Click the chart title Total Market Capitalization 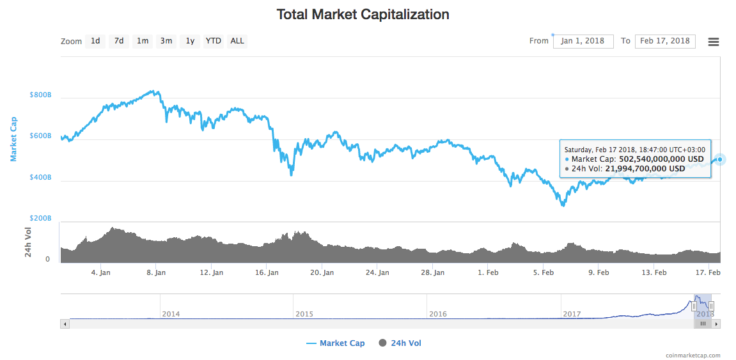(x=363, y=14)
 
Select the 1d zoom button (x=95, y=41)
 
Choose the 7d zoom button (x=119, y=41)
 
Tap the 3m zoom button (x=166, y=41)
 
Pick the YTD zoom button (x=214, y=41)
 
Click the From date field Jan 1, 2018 (x=583, y=41)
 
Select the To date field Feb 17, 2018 (x=665, y=41)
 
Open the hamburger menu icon (x=714, y=42)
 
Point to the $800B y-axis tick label (x=40, y=95)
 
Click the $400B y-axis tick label (x=40, y=177)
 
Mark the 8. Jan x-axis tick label (x=156, y=272)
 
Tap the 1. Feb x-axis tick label (x=488, y=272)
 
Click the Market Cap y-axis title (x=14, y=138)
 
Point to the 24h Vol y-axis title (x=28, y=242)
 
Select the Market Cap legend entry (x=336, y=343)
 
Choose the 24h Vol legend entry (x=400, y=343)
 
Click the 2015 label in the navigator (x=304, y=314)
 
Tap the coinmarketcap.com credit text (x=693, y=356)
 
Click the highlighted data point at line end (x=720, y=159)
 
